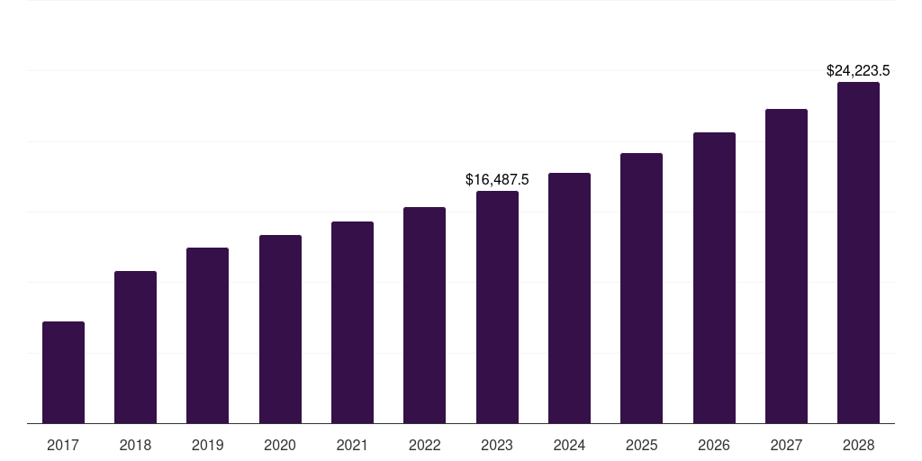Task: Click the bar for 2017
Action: click(63, 372)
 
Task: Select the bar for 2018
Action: click(135, 347)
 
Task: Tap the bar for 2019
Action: click(207, 335)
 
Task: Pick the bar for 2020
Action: click(280, 329)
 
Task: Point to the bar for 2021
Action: click(352, 322)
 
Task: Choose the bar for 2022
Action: click(424, 315)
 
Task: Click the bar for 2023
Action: click(497, 307)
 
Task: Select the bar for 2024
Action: click(569, 298)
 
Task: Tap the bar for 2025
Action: click(641, 288)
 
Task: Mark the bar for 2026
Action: click(714, 277)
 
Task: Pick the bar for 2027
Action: click(786, 266)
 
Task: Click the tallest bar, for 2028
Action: click(858, 252)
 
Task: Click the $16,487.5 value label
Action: click(497, 180)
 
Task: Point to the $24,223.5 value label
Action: click(858, 70)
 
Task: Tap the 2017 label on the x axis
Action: click(63, 445)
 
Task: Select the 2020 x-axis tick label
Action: click(280, 445)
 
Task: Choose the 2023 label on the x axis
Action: click(497, 445)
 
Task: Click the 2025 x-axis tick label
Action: click(641, 445)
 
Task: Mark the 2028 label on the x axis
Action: click(858, 445)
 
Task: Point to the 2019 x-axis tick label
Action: click(207, 445)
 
